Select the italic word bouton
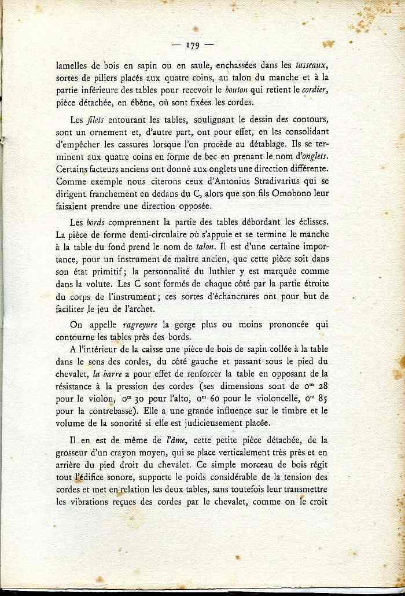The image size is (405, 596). pyautogui.click(x=237, y=90)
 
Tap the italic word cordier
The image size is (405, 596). pyautogui.click(x=316, y=90)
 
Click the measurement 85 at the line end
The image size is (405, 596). pyautogui.click(x=322, y=398)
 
